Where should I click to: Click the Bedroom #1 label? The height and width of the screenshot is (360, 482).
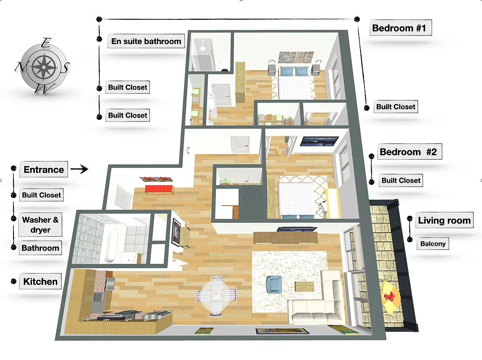click(x=399, y=28)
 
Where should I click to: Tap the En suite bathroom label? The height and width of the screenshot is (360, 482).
click(x=146, y=41)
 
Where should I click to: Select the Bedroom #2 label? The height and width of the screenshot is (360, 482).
click(x=408, y=152)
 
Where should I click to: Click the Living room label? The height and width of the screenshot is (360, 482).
click(x=444, y=220)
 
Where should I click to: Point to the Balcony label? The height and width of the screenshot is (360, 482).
click(x=433, y=244)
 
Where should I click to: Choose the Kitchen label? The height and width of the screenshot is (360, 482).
click(x=41, y=282)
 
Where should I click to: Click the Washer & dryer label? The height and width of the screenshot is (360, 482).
click(x=41, y=225)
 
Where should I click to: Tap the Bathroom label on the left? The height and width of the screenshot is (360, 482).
click(x=41, y=248)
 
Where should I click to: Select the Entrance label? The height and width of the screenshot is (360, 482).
click(x=44, y=170)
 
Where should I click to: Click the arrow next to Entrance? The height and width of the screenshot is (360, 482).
click(x=79, y=170)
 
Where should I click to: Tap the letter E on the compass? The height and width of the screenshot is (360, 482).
click(x=45, y=44)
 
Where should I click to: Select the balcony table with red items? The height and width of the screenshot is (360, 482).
click(x=390, y=297)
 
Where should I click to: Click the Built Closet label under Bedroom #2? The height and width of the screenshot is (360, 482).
click(x=401, y=180)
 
